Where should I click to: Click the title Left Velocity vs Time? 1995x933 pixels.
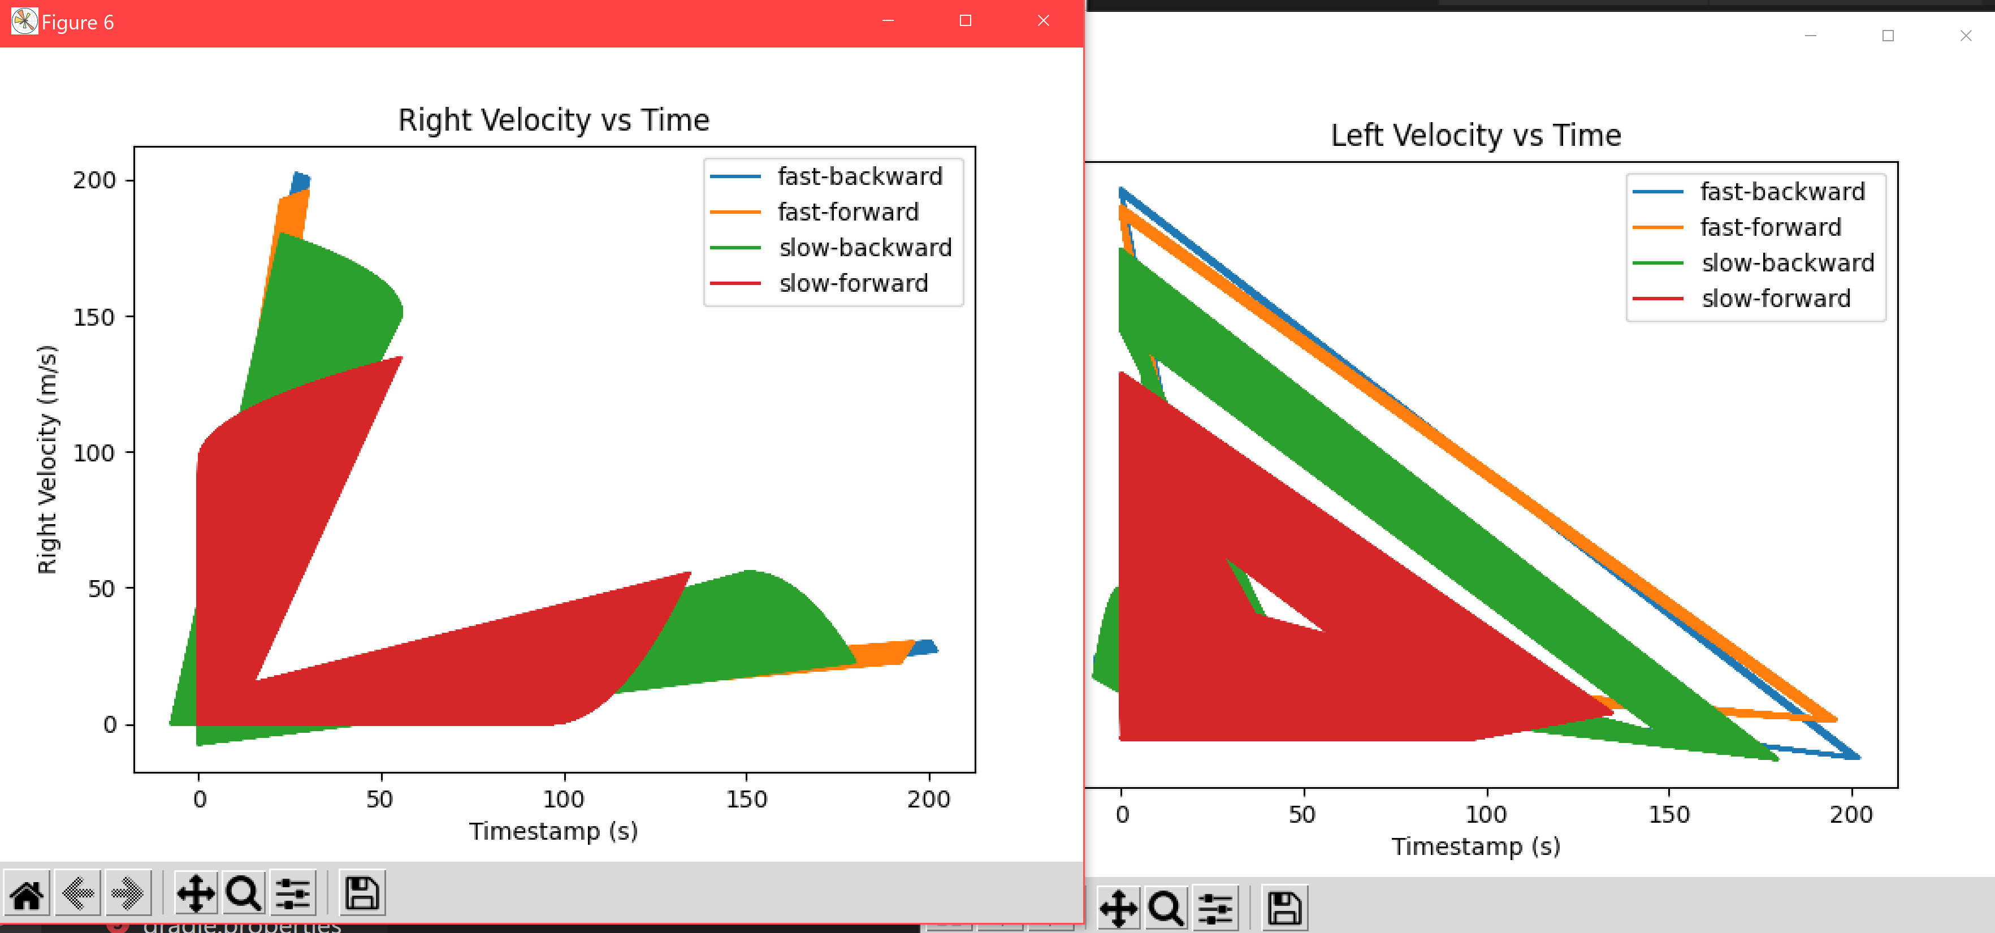tap(1475, 136)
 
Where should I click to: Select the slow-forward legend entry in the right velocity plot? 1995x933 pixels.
tap(852, 284)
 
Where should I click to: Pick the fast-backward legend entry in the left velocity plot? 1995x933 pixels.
tap(1781, 191)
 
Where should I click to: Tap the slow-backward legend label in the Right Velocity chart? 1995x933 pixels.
tap(864, 248)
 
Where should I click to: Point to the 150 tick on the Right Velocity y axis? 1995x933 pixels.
tap(94, 317)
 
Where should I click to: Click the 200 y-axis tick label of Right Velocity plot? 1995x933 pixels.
tap(94, 180)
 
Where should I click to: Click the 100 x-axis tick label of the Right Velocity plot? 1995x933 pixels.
tap(563, 799)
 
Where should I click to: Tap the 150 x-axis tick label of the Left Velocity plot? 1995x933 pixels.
tap(1668, 814)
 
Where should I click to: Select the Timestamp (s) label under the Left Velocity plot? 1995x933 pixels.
tap(1475, 846)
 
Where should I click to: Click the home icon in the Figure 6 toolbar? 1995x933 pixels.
tap(27, 893)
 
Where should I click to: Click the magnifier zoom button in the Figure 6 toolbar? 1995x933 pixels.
tap(243, 893)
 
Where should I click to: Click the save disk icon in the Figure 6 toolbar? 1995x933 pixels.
tap(362, 893)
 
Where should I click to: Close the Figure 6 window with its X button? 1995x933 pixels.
tap(1043, 21)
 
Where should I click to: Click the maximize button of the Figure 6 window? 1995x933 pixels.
tap(965, 21)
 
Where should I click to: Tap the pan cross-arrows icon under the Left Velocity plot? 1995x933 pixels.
tap(1118, 908)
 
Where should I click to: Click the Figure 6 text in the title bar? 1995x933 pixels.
tap(77, 23)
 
